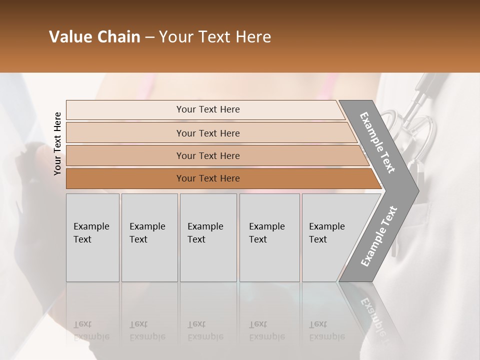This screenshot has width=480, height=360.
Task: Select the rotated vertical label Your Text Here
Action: (57, 143)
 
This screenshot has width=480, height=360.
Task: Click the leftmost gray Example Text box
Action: (92, 237)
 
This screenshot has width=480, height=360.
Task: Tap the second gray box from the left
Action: (149, 237)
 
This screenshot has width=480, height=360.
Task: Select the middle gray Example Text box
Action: (208, 237)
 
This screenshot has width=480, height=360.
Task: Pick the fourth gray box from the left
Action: (269, 237)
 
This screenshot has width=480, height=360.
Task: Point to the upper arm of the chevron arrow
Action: (377, 142)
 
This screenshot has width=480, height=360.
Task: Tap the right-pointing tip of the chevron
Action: (414, 190)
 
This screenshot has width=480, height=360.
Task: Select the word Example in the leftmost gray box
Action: (91, 226)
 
